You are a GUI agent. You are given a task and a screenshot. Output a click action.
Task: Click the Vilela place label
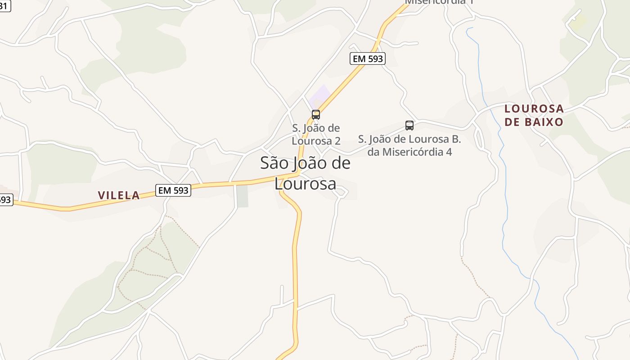click(x=119, y=195)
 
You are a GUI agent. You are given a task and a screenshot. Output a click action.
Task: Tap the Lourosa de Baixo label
click(x=534, y=115)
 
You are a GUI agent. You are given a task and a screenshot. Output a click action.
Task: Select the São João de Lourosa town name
click(x=305, y=173)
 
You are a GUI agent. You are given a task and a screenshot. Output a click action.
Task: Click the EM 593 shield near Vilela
click(x=173, y=190)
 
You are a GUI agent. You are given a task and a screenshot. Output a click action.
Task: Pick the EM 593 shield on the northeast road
click(x=367, y=58)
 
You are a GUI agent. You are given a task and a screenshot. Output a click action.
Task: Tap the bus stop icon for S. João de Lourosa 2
click(x=316, y=115)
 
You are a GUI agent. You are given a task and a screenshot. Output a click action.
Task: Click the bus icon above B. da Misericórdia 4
click(x=409, y=126)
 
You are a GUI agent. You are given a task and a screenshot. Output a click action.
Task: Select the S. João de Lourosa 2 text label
click(x=316, y=135)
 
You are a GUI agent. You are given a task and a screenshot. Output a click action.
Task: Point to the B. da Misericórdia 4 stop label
click(x=409, y=145)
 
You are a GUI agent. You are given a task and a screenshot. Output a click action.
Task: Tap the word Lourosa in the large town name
click(x=305, y=184)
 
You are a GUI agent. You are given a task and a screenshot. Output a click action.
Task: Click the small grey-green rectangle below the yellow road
click(x=242, y=196)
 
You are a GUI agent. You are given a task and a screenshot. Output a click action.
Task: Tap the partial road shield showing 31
click(x=4, y=6)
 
